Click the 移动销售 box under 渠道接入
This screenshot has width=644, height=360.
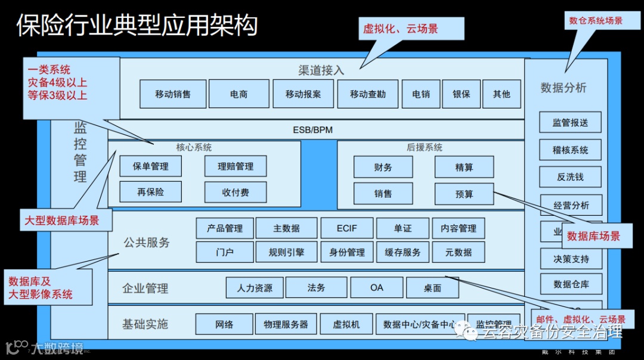(173, 94)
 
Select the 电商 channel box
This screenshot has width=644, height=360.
(239, 94)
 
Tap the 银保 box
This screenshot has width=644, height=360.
(461, 94)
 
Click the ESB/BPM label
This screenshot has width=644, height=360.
(312, 129)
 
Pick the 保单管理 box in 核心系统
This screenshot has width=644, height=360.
(150, 166)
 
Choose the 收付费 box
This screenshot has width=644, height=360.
(235, 193)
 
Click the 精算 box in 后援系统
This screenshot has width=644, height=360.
(464, 167)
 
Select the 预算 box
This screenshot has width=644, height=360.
(464, 194)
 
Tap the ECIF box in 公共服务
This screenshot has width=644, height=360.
(346, 228)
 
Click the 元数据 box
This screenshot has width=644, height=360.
(458, 252)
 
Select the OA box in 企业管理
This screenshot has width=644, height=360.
(376, 288)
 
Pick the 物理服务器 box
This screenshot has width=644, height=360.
(286, 325)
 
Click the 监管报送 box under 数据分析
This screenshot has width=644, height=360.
(570, 122)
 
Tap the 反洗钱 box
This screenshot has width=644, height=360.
(570, 177)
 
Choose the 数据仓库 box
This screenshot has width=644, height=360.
(570, 284)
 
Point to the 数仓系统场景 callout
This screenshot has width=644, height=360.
(596, 20)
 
